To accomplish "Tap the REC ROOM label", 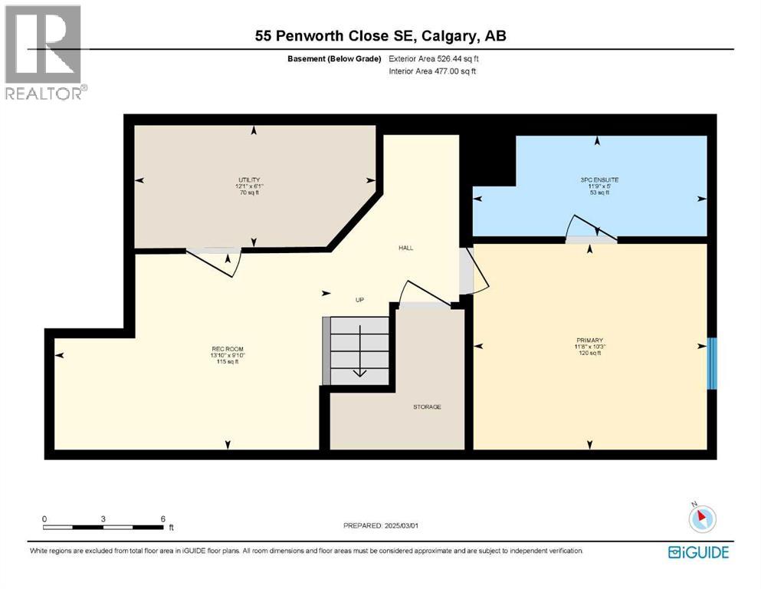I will [x=227, y=348].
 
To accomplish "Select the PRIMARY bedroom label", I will [x=590, y=340].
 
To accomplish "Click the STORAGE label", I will [x=427, y=406].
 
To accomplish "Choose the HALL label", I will [x=405, y=248].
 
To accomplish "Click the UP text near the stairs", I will [x=359, y=300].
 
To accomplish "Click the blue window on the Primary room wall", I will [x=712, y=363].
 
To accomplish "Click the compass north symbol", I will [x=702, y=518].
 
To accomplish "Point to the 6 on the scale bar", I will [x=162, y=518].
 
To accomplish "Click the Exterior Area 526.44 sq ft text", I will [x=435, y=58].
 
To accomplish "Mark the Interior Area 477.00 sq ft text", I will [x=432, y=71].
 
